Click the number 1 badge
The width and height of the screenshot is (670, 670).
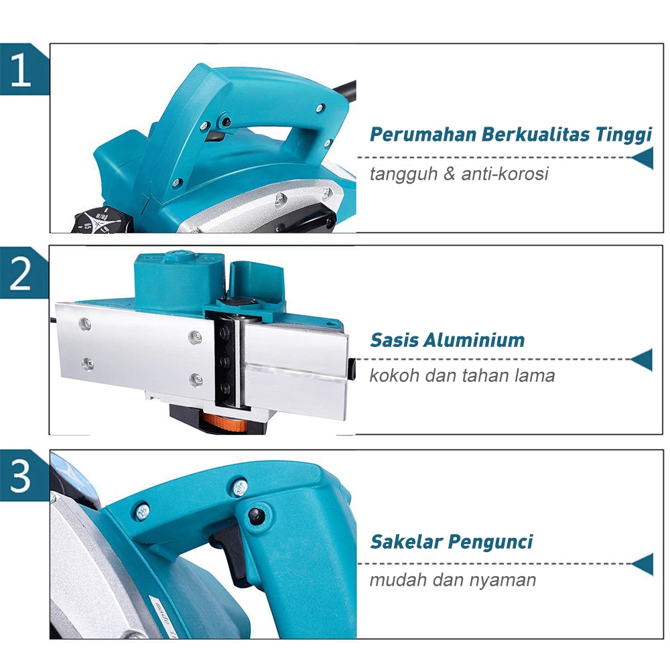[x=21, y=69]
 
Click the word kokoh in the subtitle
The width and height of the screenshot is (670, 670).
[x=394, y=376]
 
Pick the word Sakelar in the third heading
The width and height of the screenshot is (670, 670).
[x=407, y=542]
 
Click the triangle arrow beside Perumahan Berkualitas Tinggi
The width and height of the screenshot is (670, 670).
[x=643, y=158]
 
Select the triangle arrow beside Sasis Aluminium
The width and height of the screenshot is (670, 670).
[x=641, y=360]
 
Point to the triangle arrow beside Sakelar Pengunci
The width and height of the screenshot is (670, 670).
[x=642, y=564]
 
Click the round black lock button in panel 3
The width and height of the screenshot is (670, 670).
[x=256, y=516]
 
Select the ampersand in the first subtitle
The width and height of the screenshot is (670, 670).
[x=449, y=174]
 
